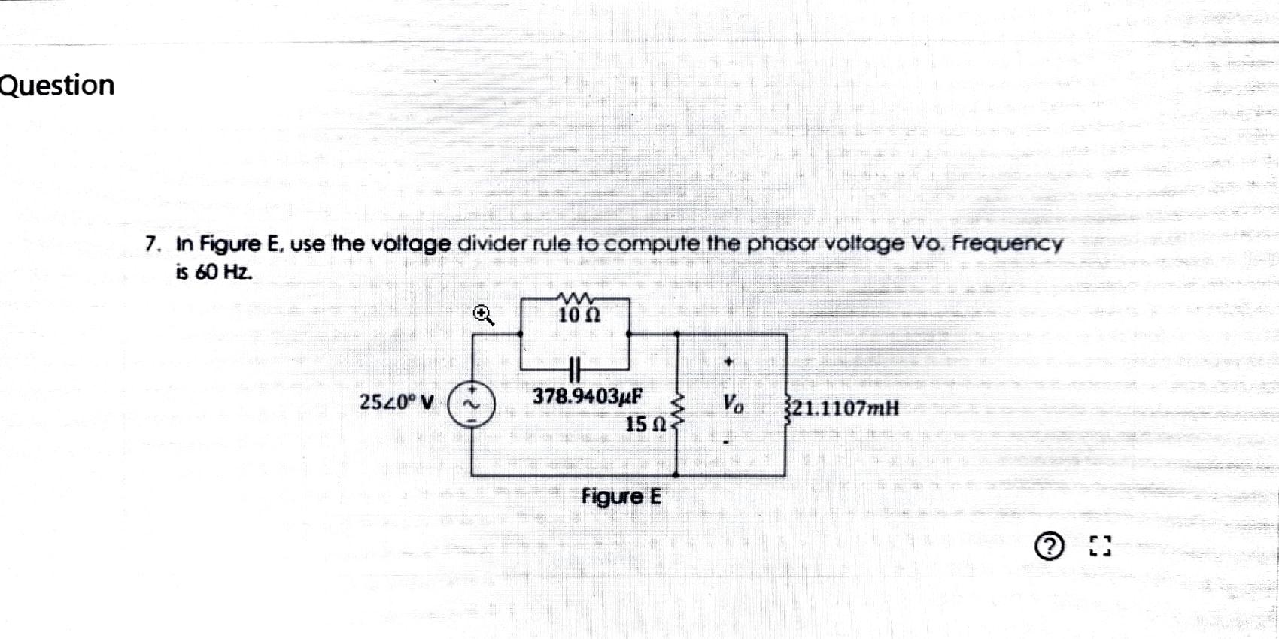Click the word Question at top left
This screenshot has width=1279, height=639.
(x=57, y=85)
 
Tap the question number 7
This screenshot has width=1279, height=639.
(x=153, y=244)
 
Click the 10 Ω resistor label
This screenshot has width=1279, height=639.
(x=579, y=315)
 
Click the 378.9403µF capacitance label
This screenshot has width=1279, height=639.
(x=588, y=396)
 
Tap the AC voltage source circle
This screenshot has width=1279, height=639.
(x=472, y=406)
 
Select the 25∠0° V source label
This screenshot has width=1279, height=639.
(x=396, y=403)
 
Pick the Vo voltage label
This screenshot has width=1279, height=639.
(x=733, y=405)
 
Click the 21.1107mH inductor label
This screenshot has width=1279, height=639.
(x=845, y=409)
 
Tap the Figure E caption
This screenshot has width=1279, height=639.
(x=621, y=497)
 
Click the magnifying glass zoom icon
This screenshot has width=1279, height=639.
(x=484, y=315)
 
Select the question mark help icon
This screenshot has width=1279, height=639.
(x=1050, y=547)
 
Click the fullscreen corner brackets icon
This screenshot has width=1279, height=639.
(x=1100, y=547)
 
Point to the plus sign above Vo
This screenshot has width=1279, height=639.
(x=728, y=362)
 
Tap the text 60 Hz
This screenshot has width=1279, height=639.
(x=223, y=272)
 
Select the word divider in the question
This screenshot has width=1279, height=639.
(x=494, y=244)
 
